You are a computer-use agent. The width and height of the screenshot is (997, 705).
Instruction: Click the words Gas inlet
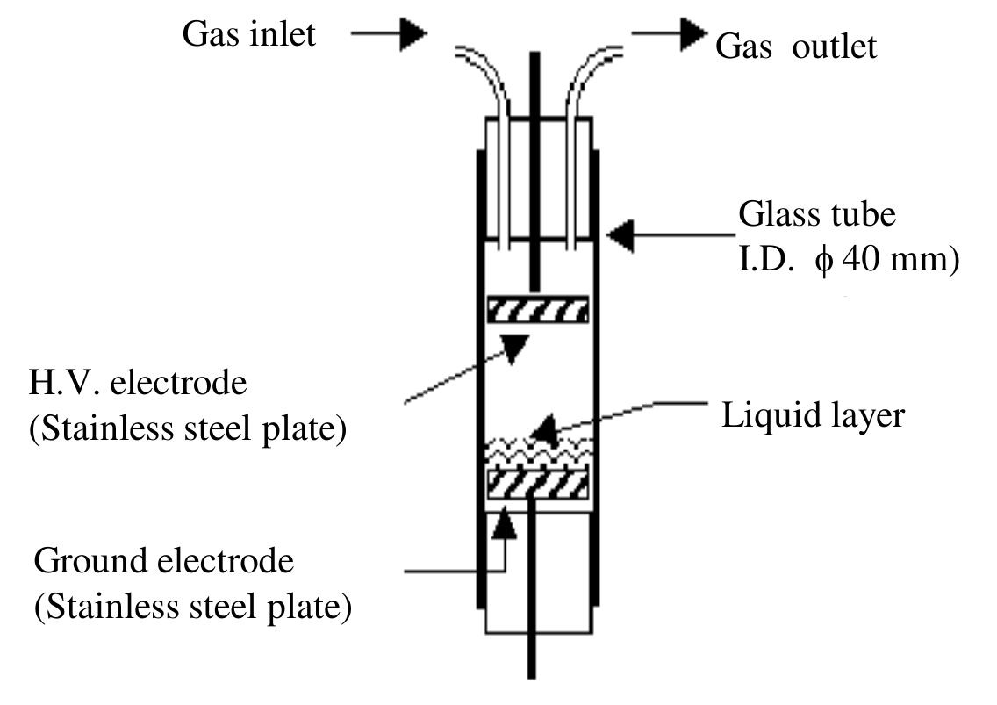pyautogui.click(x=248, y=35)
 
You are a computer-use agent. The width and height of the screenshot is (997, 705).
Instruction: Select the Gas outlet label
pyautogui.click(x=796, y=47)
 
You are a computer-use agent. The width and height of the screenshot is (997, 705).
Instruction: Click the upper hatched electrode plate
pyautogui.click(x=537, y=310)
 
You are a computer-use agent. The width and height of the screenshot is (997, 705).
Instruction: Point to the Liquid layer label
pyautogui.click(x=813, y=415)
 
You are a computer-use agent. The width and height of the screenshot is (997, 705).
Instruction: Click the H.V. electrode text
pyautogui.click(x=140, y=385)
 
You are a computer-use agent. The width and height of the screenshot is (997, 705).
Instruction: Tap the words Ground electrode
pyautogui.click(x=164, y=560)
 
